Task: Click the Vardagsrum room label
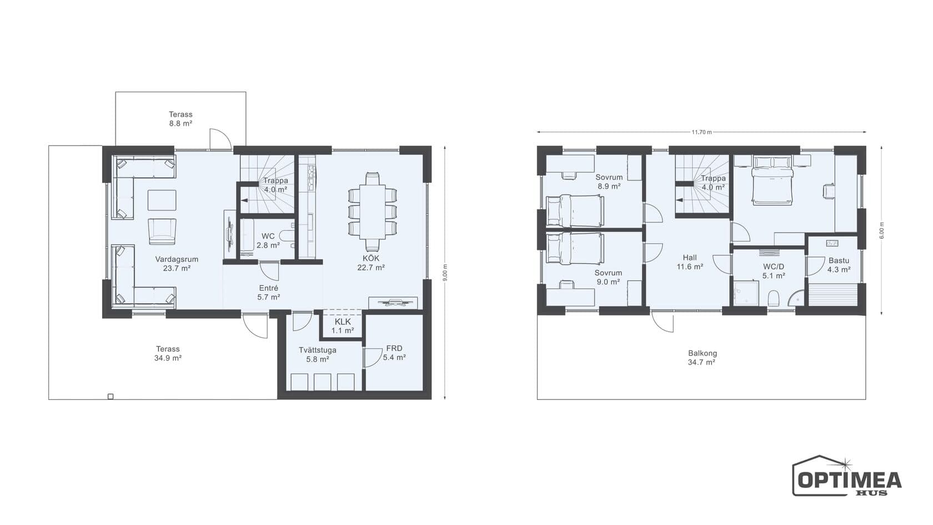pyautogui.click(x=177, y=259)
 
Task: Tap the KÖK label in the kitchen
pyautogui.click(x=371, y=258)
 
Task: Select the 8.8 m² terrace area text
pyautogui.click(x=180, y=123)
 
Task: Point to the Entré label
pyautogui.click(x=268, y=288)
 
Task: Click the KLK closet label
pyautogui.click(x=343, y=322)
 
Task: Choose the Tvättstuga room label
pyautogui.click(x=318, y=350)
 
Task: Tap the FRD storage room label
pyautogui.click(x=394, y=348)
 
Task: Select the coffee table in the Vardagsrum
pyautogui.click(x=162, y=200)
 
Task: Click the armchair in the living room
pyautogui.click(x=162, y=231)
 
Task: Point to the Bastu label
pyautogui.click(x=839, y=261)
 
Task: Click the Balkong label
pyautogui.click(x=702, y=353)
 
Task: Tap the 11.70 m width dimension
pyautogui.click(x=701, y=132)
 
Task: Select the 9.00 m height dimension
pyautogui.click(x=445, y=273)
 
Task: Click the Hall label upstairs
pyautogui.click(x=690, y=258)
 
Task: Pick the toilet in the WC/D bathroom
pyautogui.click(x=774, y=298)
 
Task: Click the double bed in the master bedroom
pyautogui.click(x=771, y=180)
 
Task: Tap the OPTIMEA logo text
pyautogui.click(x=850, y=480)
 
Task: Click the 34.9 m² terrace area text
pyautogui.click(x=168, y=358)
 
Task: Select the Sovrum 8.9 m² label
pyautogui.click(x=609, y=182)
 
